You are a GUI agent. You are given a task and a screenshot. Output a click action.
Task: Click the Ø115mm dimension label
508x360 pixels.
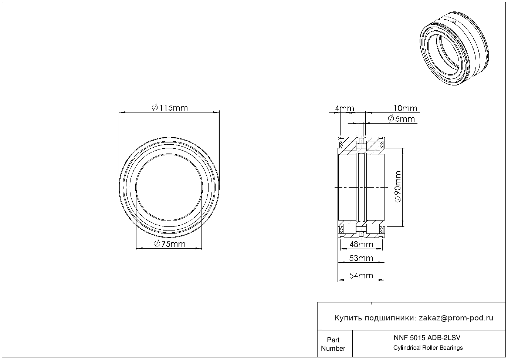point(170,108)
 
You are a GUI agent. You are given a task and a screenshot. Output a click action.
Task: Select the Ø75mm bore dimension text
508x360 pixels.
point(169,244)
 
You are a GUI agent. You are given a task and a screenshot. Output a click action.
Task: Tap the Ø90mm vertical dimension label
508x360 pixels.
point(398,186)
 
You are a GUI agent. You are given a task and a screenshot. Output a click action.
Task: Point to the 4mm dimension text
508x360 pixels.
point(344,108)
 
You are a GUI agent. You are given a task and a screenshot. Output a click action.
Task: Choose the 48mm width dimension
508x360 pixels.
point(361,244)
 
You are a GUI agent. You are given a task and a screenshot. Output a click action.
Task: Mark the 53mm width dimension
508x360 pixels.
point(361,258)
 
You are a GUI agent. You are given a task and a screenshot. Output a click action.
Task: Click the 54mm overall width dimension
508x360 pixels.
point(361,275)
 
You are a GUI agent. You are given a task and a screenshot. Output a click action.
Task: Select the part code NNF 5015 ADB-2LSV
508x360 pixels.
point(427,337)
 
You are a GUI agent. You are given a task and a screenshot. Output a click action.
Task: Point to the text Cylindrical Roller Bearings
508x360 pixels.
point(428,348)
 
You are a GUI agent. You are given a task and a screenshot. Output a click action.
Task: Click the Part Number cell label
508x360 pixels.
point(333,344)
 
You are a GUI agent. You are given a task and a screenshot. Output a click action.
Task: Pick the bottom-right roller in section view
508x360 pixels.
point(373,229)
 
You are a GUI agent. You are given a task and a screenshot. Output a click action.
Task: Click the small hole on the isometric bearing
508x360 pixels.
point(454,22)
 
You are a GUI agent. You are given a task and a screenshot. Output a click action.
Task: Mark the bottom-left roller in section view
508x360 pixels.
point(350,229)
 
